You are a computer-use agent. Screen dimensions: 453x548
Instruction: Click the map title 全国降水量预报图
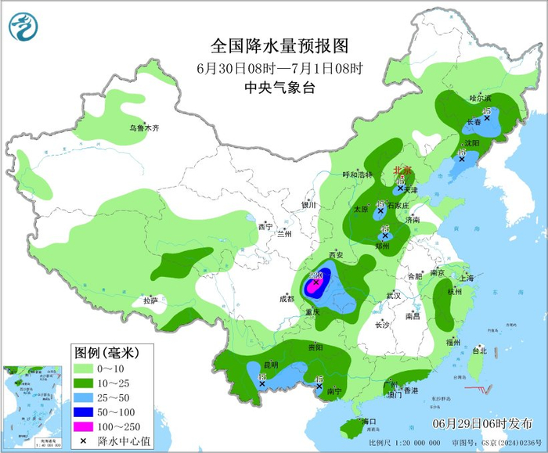pyautogui.click(x=279, y=45)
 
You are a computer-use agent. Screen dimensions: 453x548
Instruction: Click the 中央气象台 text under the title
pyautogui.click(x=279, y=88)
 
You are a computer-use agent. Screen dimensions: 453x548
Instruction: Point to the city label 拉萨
pyautogui.click(x=150, y=300)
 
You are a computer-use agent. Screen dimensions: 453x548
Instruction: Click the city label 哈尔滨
pyautogui.click(x=479, y=99)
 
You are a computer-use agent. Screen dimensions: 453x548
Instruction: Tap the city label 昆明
pyautogui.click(x=270, y=365)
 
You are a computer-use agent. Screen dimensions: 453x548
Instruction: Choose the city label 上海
pyautogui.click(x=467, y=278)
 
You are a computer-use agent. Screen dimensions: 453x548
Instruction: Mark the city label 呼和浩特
pyautogui.click(x=359, y=174)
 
